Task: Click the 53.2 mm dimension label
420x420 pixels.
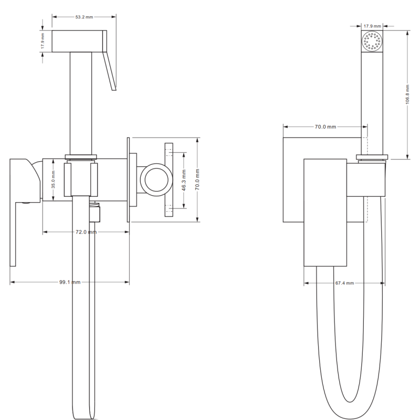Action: tap(84, 17)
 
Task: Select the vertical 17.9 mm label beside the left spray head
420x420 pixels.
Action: tap(44, 40)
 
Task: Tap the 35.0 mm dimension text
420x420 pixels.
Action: tap(52, 178)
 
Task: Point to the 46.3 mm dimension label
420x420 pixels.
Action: tap(184, 180)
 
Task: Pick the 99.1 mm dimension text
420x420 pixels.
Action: tap(69, 282)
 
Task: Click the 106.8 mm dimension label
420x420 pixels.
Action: tap(408, 94)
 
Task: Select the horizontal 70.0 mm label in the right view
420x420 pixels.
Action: tap(325, 127)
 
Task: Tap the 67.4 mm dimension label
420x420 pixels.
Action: tap(344, 283)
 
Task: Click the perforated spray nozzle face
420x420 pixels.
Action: tap(372, 41)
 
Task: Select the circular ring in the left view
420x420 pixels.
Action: tap(157, 178)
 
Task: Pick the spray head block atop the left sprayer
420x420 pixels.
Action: tap(79, 40)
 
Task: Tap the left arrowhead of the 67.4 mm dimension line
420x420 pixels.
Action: tap(306, 283)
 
